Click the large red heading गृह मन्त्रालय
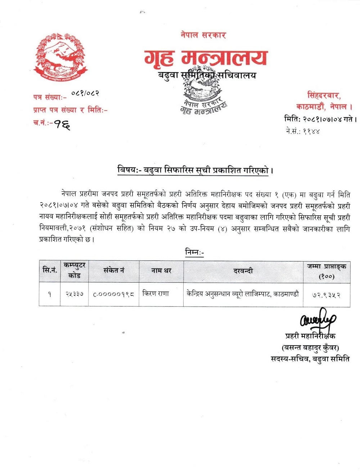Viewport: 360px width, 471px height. [206, 58]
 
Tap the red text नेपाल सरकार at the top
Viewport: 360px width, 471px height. [203, 35]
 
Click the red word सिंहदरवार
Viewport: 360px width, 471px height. [324, 95]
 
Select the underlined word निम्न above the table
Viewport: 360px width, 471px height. [194, 252]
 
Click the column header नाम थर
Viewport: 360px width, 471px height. [161, 271]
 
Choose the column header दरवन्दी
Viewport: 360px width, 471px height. [243, 271]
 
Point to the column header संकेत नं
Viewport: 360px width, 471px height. [114, 271]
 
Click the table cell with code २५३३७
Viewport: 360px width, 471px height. [75, 294]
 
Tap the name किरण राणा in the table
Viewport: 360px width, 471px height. [156, 294]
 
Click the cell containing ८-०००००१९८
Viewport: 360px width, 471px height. [113, 294]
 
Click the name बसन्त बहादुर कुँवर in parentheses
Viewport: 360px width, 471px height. [310, 347]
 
